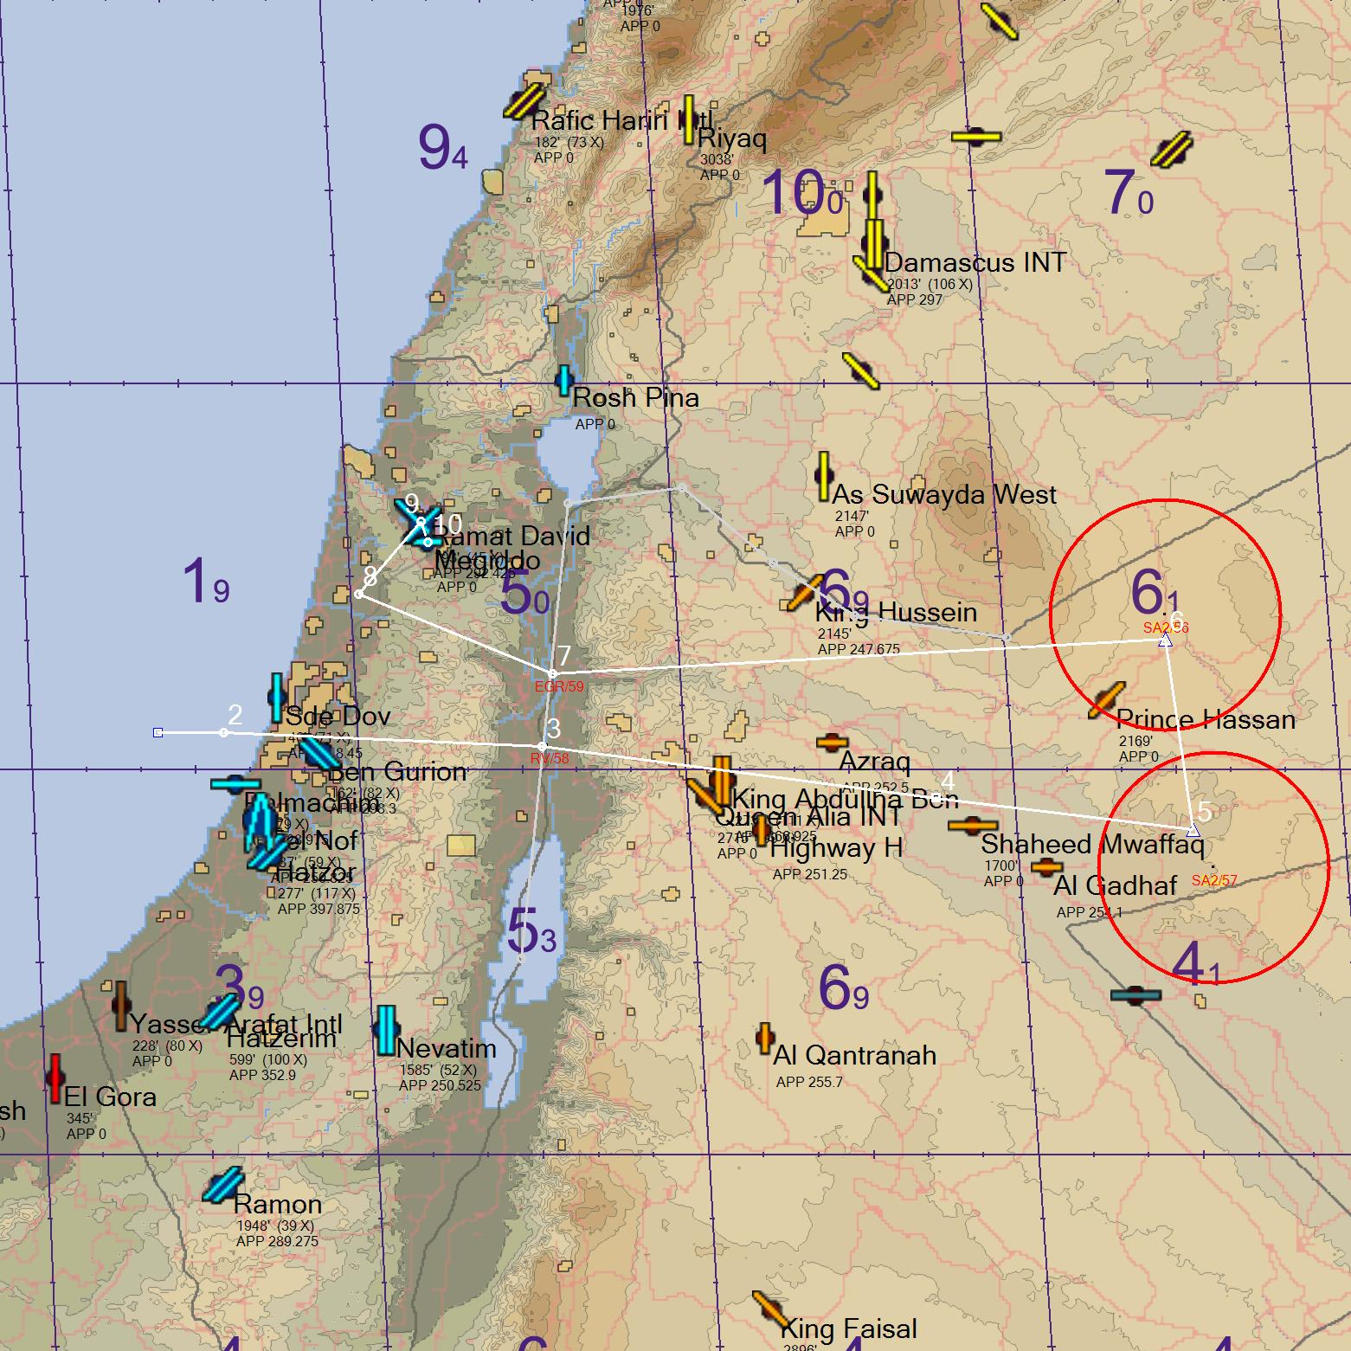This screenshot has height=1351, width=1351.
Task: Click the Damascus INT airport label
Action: point(975,262)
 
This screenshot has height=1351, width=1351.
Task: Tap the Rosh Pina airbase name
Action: point(635,398)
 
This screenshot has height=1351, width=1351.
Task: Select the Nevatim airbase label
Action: point(447,1048)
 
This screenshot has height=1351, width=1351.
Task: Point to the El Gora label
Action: point(110,1097)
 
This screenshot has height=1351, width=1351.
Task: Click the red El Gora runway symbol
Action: point(55,1078)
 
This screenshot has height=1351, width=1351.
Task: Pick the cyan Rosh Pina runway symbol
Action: point(564,380)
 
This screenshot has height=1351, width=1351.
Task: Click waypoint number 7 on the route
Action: point(554,673)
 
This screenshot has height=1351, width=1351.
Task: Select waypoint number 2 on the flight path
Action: point(224,732)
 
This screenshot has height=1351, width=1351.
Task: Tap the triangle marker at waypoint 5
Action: point(1193,831)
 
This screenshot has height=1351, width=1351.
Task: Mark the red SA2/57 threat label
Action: point(1213,880)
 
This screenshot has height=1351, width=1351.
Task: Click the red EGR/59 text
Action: point(559,686)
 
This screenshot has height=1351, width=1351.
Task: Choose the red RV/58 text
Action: point(550,759)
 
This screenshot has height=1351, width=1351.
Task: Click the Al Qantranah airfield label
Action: point(854,1055)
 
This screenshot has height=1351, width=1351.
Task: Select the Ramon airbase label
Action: point(277,1204)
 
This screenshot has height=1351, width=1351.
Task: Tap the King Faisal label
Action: point(848,1328)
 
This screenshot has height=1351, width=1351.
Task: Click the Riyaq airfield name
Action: point(731,138)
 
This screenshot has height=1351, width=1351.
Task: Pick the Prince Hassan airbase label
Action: point(1206,719)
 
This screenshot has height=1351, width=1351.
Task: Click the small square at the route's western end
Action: point(158,733)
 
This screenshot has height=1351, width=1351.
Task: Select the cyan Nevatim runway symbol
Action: point(386,1029)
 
